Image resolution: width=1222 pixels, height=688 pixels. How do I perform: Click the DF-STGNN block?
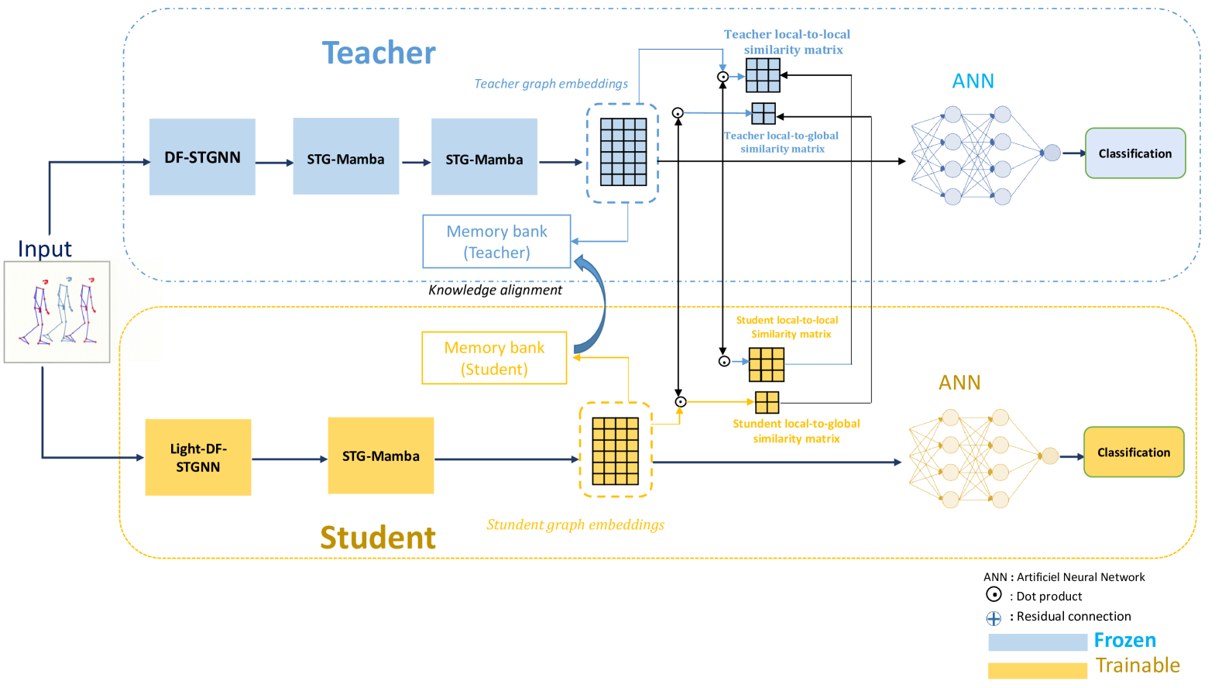202,157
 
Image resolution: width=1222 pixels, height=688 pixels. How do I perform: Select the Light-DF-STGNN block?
198,457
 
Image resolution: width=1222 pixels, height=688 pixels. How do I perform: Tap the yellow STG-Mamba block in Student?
380,456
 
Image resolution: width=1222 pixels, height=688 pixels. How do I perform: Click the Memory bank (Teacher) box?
496,242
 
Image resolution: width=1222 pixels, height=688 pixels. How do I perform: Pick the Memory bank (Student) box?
494,358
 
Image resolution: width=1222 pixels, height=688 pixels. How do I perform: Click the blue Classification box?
1134,153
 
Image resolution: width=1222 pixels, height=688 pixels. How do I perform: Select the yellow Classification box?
1133,452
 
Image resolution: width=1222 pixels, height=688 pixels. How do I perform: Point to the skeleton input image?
57,311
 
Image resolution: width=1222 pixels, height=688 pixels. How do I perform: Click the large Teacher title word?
379,53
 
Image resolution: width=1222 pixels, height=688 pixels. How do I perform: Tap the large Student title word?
378,537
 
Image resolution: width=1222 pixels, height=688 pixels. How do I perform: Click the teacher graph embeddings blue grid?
623,152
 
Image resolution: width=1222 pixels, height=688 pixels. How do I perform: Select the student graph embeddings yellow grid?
616,451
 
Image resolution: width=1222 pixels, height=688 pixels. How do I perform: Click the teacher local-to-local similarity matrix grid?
763,75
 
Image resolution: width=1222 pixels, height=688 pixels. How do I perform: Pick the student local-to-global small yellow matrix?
767,402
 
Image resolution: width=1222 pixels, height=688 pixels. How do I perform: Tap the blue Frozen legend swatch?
1037,642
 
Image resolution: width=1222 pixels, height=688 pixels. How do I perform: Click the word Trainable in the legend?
1138,666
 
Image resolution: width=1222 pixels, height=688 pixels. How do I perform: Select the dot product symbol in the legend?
994,594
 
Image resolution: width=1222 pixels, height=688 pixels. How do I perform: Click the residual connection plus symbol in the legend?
994,618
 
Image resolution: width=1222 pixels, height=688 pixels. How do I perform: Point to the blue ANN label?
973,81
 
